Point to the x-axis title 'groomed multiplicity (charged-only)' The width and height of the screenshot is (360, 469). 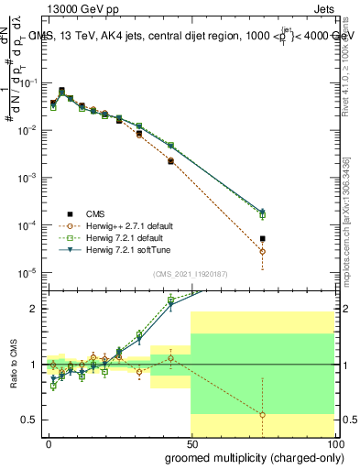tap(250, 456)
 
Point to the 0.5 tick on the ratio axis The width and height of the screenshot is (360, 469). tap(29, 420)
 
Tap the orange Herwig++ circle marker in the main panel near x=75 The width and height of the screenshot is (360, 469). tap(262, 251)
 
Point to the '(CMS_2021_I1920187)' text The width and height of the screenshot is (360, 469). tap(189, 275)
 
